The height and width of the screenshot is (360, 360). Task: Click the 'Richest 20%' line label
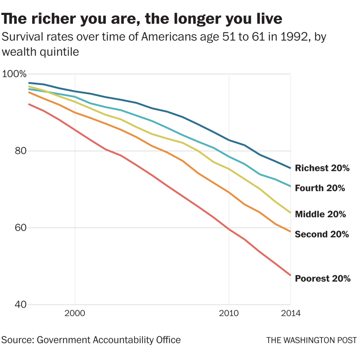click(323, 168)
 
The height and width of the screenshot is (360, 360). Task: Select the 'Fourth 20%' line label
click(320, 188)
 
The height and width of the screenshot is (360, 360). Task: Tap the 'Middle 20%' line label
click(321, 214)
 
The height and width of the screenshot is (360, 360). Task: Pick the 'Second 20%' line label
click(322, 234)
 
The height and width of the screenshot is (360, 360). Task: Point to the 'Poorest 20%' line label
click(323, 278)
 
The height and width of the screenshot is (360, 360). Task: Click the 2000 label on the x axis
click(75, 313)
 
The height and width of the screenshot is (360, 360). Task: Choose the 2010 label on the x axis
click(228, 313)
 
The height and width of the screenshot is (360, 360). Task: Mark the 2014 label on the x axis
click(291, 313)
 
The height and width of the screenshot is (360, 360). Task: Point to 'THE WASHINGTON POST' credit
click(312, 340)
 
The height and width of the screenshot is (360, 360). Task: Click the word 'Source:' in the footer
click(18, 340)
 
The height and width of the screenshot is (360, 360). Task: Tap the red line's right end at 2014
click(291, 275)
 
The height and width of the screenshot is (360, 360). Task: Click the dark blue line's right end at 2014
click(291, 168)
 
